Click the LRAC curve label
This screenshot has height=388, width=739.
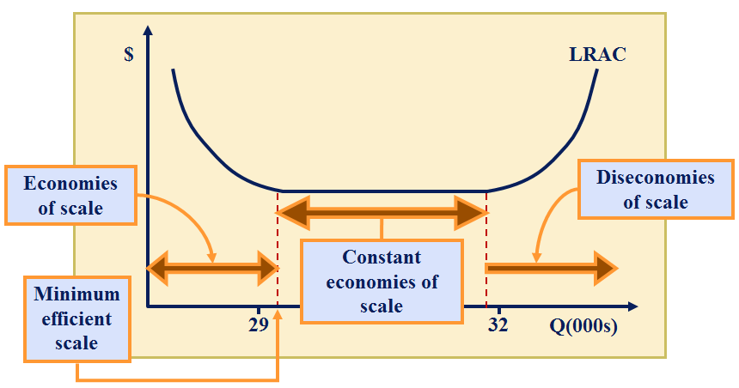click(x=597, y=55)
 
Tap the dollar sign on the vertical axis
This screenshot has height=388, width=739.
click(x=129, y=56)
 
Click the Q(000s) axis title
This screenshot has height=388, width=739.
click(x=584, y=326)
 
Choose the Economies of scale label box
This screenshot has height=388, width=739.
click(x=70, y=195)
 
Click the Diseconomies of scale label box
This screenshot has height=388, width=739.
click(x=656, y=190)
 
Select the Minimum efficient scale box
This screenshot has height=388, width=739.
click(x=77, y=318)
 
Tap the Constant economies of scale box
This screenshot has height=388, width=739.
click(x=382, y=281)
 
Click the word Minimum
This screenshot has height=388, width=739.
click(x=77, y=294)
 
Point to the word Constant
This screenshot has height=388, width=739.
click(x=382, y=257)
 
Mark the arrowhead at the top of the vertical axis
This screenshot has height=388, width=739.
click(x=149, y=33)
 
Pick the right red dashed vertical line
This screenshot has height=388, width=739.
click(x=487, y=249)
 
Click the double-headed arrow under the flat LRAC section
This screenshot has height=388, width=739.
click(x=382, y=212)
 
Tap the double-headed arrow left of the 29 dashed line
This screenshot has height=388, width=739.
click(x=213, y=269)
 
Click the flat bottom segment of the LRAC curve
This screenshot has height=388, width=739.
click(x=382, y=191)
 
